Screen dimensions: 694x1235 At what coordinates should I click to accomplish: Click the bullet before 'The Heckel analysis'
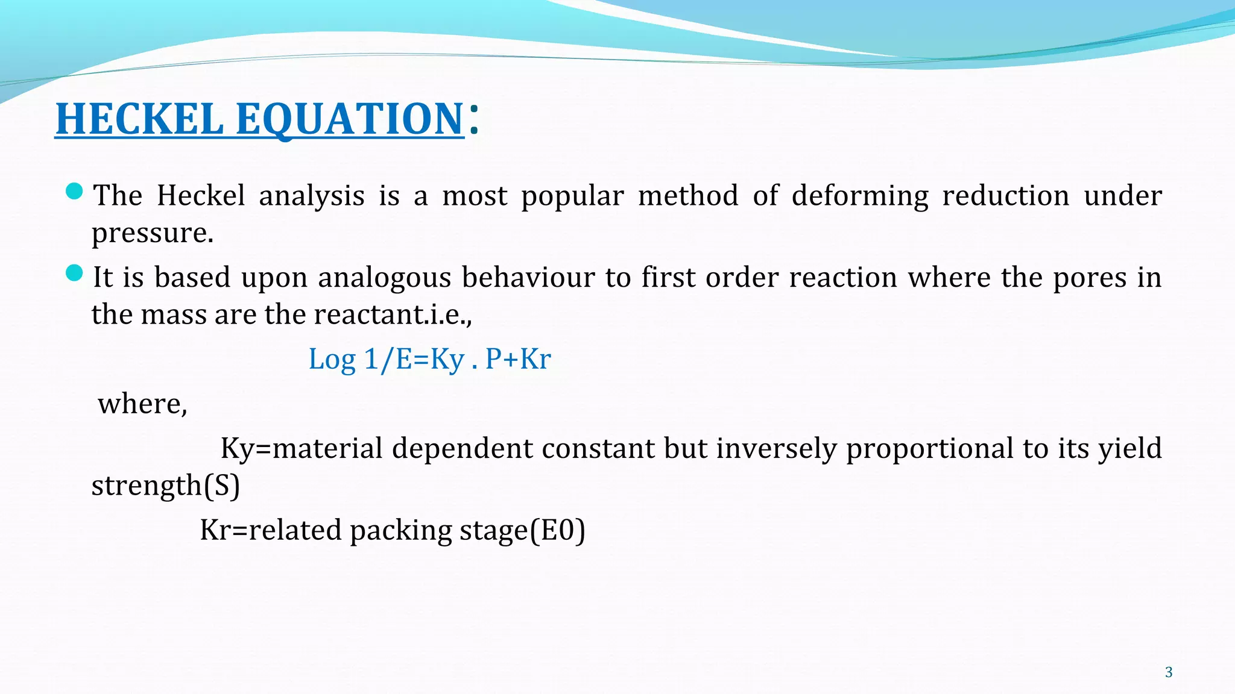click(x=74, y=192)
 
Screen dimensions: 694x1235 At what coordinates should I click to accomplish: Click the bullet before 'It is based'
click(x=74, y=274)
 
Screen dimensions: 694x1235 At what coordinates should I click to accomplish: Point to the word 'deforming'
click(x=860, y=196)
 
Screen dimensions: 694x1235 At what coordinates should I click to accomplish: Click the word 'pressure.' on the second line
click(x=153, y=233)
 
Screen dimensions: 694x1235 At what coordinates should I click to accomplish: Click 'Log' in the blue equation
click(x=332, y=360)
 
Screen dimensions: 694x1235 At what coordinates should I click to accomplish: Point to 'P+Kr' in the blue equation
click(x=518, y=360)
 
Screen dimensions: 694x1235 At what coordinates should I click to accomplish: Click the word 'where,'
click(x=143, y=404)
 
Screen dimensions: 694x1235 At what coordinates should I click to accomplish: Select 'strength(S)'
click(x=166, y=486)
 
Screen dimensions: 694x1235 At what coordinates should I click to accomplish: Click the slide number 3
click(x=1169, y=672)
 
